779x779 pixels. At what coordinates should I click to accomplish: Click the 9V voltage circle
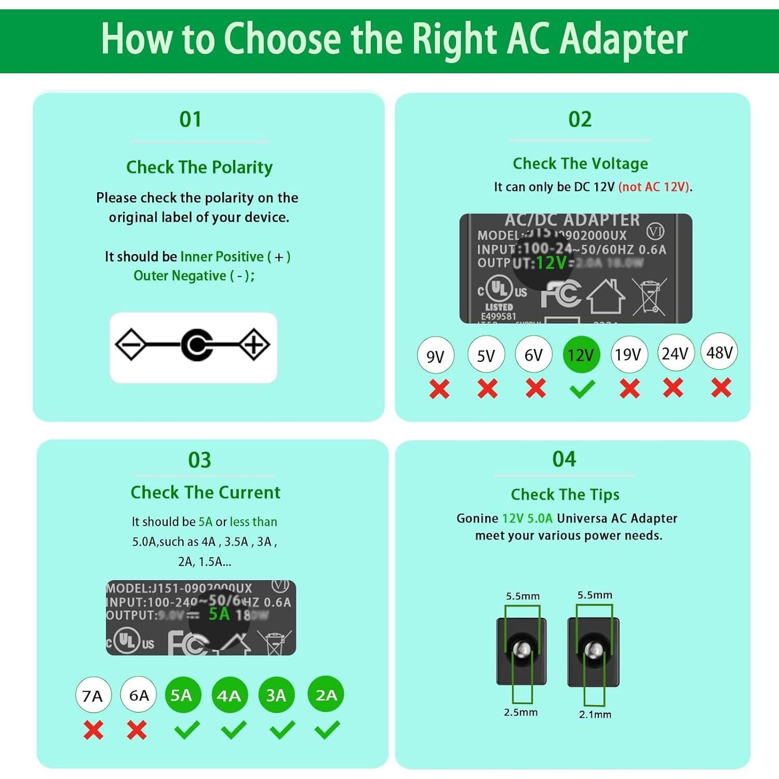pyautogui.click(x=435, y=356)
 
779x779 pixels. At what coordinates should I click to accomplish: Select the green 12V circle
pyautogui.click(x=581, y=355)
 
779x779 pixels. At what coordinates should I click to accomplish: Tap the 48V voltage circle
pyautogui.click(x=719, y=352)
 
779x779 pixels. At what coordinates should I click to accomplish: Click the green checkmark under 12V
pyautogui.click(x=582, y=389)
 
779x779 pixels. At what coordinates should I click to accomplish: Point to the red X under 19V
pyautogui.click(x=629, y=388)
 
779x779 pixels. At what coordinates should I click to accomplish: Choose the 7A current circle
pyautogui.click(x=93, y=695)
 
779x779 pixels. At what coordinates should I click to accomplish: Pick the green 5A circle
pyautogui.click(x=182, y=695)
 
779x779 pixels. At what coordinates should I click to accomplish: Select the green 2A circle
pyautogui.click(x=326, y=694)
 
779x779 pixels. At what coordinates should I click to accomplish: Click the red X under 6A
pyautogui.click(x=137, y=730)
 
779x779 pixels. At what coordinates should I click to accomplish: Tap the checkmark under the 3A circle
pyautogui.click(x=283, y=730)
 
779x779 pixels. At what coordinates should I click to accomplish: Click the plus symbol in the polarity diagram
pyautogui.click(x=254, y=344)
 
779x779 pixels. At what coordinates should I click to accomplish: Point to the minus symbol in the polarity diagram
pyautogui.click(x=130, y=344)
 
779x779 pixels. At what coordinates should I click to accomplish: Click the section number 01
pyautogui.click(x=190, y=119)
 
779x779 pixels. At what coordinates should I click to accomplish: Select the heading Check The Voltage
pyautogui.click(x=580, y=164)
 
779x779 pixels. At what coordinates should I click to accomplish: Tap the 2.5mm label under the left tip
pyautogui.click(x=520, y=712)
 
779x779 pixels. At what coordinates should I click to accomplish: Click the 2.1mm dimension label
pyautogui.click(x=595, y=714)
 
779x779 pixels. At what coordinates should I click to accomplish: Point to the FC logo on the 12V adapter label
pyautogui.click(x=561, y=293)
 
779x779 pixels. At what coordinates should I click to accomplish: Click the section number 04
pyautogui.click(x=564, y=459)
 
